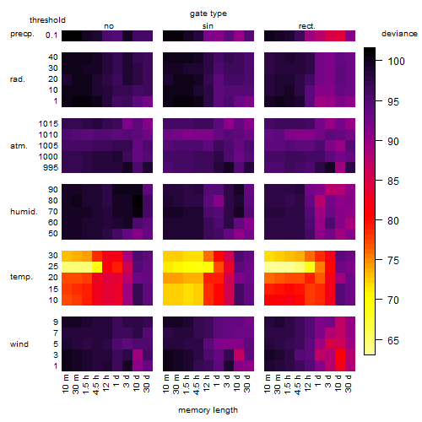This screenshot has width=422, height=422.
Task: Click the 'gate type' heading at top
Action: [x=208, y=14]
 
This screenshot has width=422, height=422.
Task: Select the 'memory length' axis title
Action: [x=208, y=410]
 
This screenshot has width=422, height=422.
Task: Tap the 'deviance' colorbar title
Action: [x=399, y=34]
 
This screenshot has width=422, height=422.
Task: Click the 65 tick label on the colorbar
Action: [x=393, y=341]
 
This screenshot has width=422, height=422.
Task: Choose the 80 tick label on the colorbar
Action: [x=393, y=221]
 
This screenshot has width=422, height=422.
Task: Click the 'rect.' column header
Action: [x=306, y=26]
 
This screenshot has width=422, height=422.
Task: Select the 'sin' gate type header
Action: [x=208, y=26]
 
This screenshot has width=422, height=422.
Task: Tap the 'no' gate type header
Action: [x=109, y=26]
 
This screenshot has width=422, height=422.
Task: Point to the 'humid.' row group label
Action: [x=24, y=212]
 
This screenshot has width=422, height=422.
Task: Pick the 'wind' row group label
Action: [x=19, y=344]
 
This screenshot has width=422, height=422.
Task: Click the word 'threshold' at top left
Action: [x=47, y=20]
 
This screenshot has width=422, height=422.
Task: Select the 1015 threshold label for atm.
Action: [x=48, y=124]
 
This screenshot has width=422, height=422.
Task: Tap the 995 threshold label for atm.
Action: [x=51, y=168]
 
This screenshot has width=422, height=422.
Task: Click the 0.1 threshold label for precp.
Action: [x=51, y=35]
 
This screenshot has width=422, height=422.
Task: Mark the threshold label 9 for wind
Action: [x=56, y=322]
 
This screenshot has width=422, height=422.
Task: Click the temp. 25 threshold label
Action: [x=53, y=267]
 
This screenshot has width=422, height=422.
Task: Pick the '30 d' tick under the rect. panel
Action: [x=348, y=383]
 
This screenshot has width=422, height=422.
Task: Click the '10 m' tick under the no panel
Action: [x=65, y=383]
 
